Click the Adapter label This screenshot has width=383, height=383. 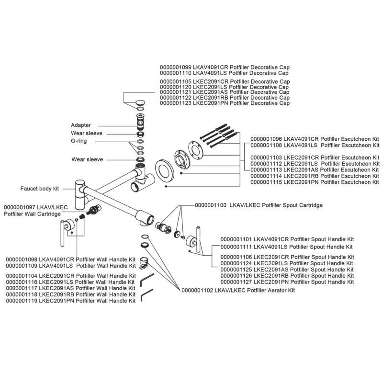click(x=81, y=125)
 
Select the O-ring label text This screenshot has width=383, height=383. click(x=79, y=141)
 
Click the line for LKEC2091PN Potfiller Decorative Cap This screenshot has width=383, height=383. click(x=225, y=103)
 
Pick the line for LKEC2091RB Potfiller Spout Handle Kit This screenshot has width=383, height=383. click(x=287, y=276)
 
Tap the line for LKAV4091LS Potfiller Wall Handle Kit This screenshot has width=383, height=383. click(x=70, y=265)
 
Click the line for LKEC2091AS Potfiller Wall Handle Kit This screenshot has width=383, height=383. click(x=70, y=288)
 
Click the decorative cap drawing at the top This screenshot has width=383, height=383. click(x=140, y=102)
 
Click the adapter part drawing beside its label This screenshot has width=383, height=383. click(x=140, y=124)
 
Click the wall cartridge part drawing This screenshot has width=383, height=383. click(x=94, y=209)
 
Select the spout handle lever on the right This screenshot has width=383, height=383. click(x=196, y=239)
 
